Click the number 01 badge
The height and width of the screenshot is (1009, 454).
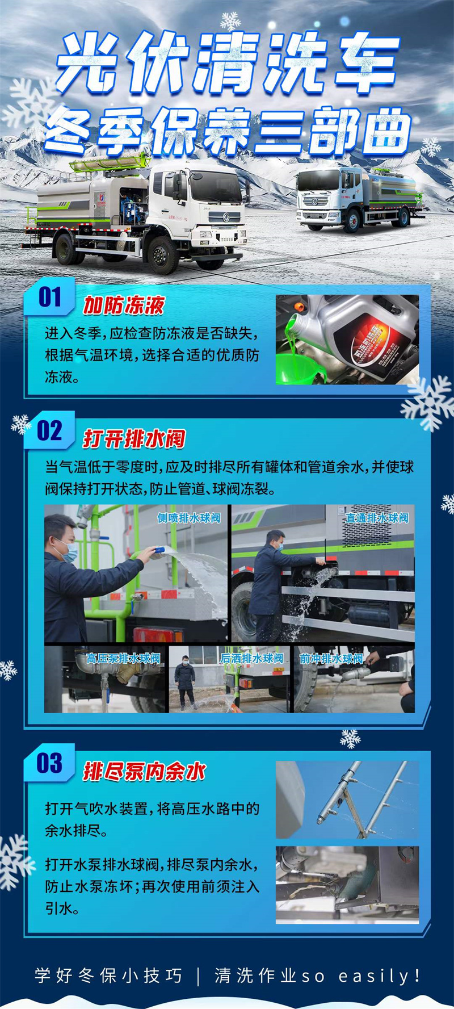tap(49, 297)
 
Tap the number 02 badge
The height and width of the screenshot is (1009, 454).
tap(49, 431)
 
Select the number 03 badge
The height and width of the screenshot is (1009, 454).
tap(49, 763)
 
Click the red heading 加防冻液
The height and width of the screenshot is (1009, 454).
tap(124, 306)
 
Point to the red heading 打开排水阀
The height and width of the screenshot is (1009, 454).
tap(134, 439)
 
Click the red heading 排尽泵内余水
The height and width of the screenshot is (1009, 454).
tap(144, 772)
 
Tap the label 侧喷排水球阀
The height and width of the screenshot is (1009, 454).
tap(188, 518)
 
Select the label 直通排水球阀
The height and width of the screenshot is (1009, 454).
tap(377, 518)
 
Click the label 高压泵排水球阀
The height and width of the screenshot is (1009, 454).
tap(123, 659)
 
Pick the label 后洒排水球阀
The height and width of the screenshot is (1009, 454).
tap(251, 659)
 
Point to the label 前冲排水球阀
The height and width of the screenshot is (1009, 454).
tap(331, 659)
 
